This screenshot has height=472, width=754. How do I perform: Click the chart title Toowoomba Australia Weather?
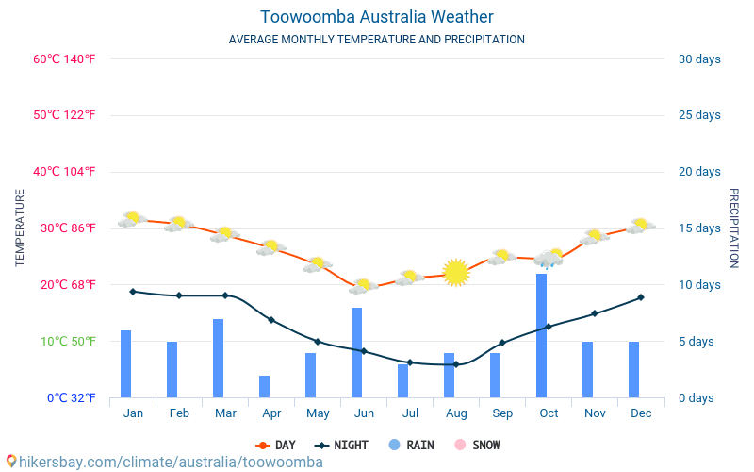click(376, 17)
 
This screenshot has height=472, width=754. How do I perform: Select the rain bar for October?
click(542, 335)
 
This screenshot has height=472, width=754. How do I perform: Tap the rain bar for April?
click(265, 387)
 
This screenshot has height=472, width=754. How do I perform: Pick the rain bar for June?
click(357, 352)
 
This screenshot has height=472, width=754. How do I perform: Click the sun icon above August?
click(456, 272)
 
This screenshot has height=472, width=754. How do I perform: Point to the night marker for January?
click(133, 292)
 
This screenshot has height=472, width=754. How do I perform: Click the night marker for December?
click(641, 297)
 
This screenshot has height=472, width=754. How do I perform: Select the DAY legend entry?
click(276, 445)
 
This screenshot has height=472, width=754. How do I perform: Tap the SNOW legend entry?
click(478, 445)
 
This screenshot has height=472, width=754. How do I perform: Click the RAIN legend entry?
click(411, 445)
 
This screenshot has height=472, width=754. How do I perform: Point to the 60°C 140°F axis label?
click(64, 59)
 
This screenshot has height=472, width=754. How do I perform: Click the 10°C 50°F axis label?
click(64, 341)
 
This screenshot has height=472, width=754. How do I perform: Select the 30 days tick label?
click(699, 59)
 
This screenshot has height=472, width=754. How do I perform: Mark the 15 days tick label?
click(699, 228)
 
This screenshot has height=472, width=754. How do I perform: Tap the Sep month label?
click(502, 413)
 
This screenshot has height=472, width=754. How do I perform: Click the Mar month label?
click(225, 413)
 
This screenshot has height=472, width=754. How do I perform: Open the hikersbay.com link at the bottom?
click(165, 462)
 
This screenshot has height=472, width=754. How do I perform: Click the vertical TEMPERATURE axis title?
click(20, 228)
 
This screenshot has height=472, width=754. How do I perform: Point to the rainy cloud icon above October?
click(549, 258)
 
